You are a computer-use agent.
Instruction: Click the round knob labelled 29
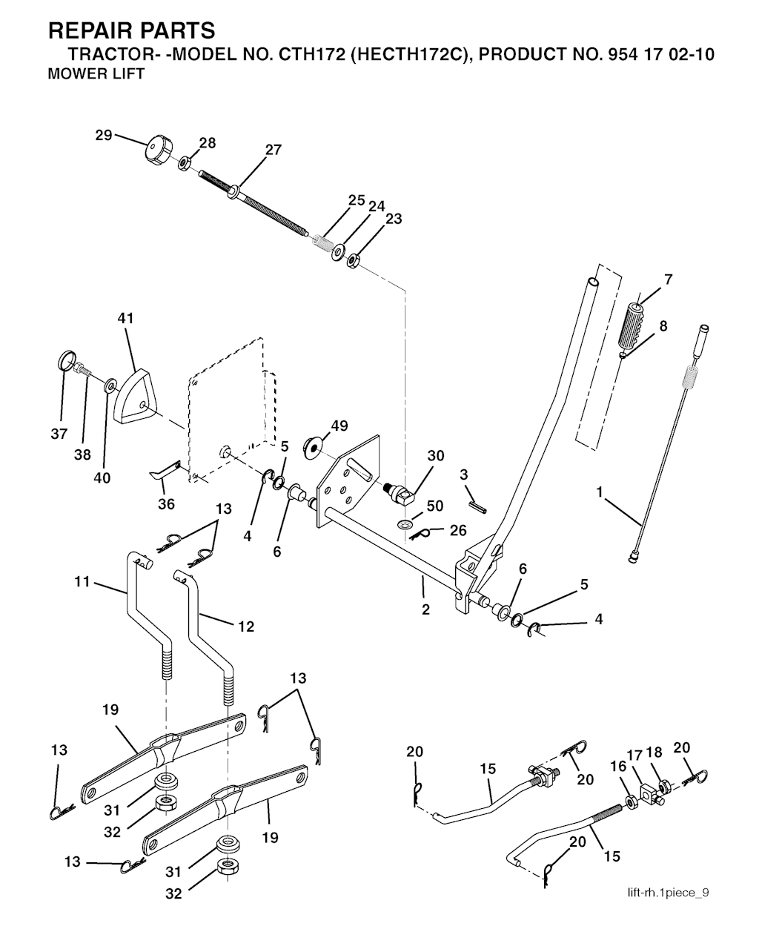(159, 150)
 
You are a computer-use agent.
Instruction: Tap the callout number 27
(273, 151)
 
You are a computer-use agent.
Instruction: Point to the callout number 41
(125, 319)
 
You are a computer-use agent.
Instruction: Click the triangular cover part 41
(135, 396)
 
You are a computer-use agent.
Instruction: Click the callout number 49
(339, 426)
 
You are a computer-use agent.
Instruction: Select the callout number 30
(436, 455)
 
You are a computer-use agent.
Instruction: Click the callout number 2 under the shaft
(425, 609)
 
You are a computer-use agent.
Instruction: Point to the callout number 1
(599, 492)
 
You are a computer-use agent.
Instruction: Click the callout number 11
(82, 582)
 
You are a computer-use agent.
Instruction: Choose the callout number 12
(246, 627)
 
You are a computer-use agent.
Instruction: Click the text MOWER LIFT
(96, 73)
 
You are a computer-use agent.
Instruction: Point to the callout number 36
(167, 504)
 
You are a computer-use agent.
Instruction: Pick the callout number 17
(634, 756)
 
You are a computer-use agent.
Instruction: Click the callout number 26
(458, 531)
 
